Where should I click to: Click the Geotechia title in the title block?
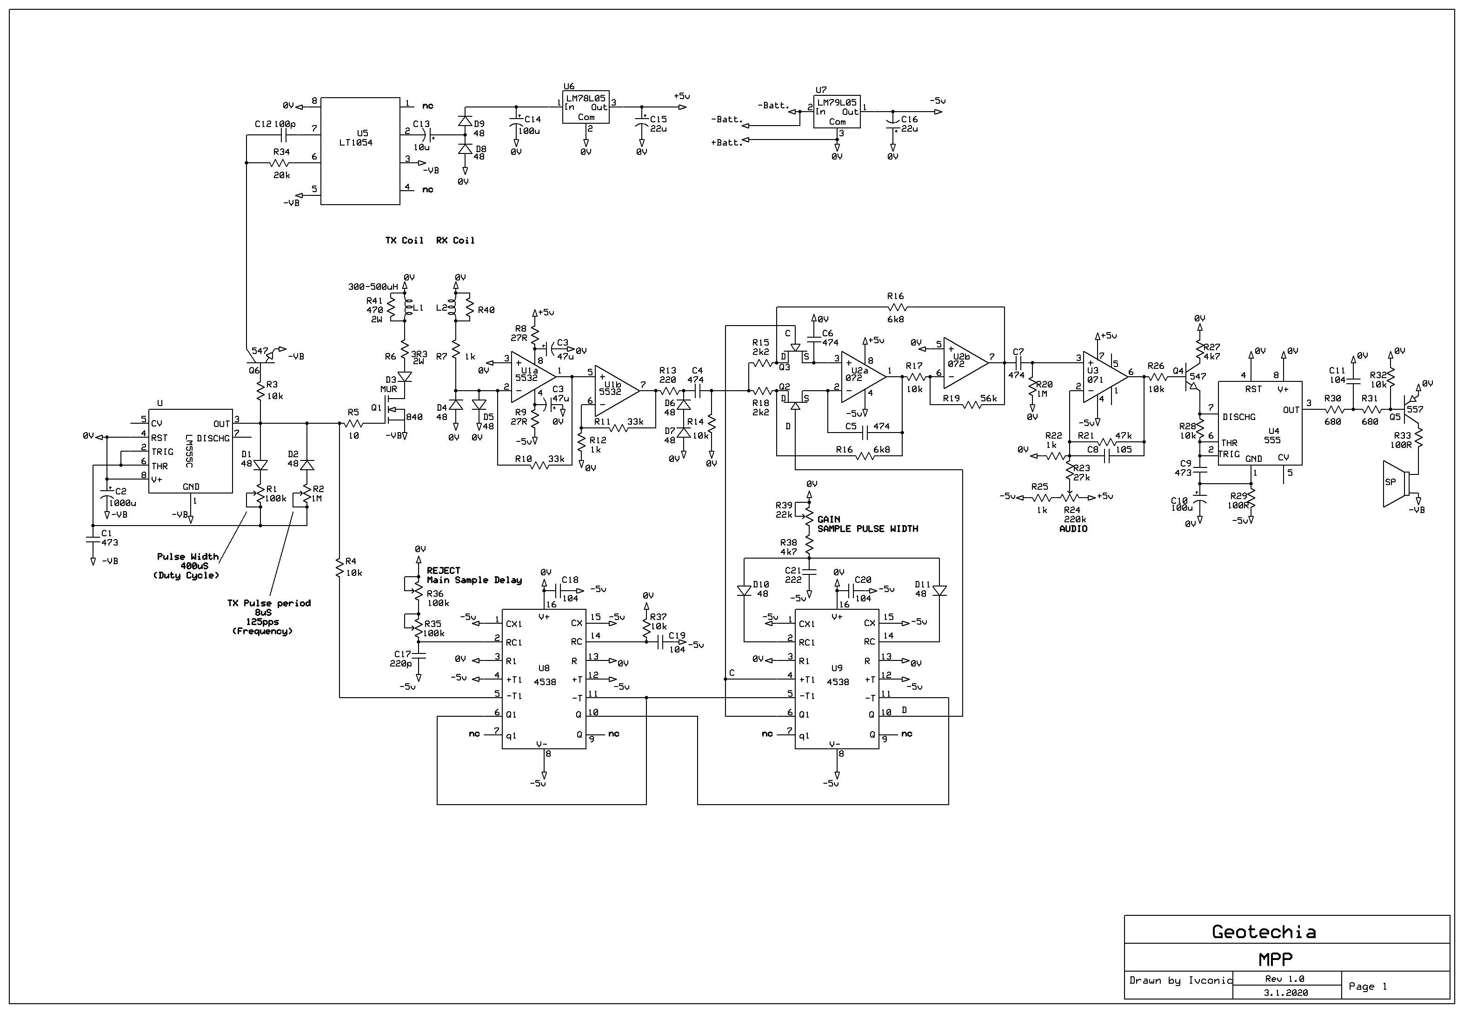(x=1264, y=932)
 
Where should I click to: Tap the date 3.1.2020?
(x=1286, y=993)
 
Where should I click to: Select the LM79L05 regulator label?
(x=836, y=102)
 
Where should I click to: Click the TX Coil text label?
(x=404, y=240)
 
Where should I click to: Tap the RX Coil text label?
(x=455, y=240)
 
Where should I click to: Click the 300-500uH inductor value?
(x=373, y=287)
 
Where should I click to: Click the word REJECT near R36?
(x=444, y=571)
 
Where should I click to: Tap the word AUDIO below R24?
(x=1073, y=529)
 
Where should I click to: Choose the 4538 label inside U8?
(x=545, y=682)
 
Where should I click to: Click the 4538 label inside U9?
(x=838, y=682)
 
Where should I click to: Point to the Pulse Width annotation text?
(x=188, y=557)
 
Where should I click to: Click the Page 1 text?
(x=1368, y=986)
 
